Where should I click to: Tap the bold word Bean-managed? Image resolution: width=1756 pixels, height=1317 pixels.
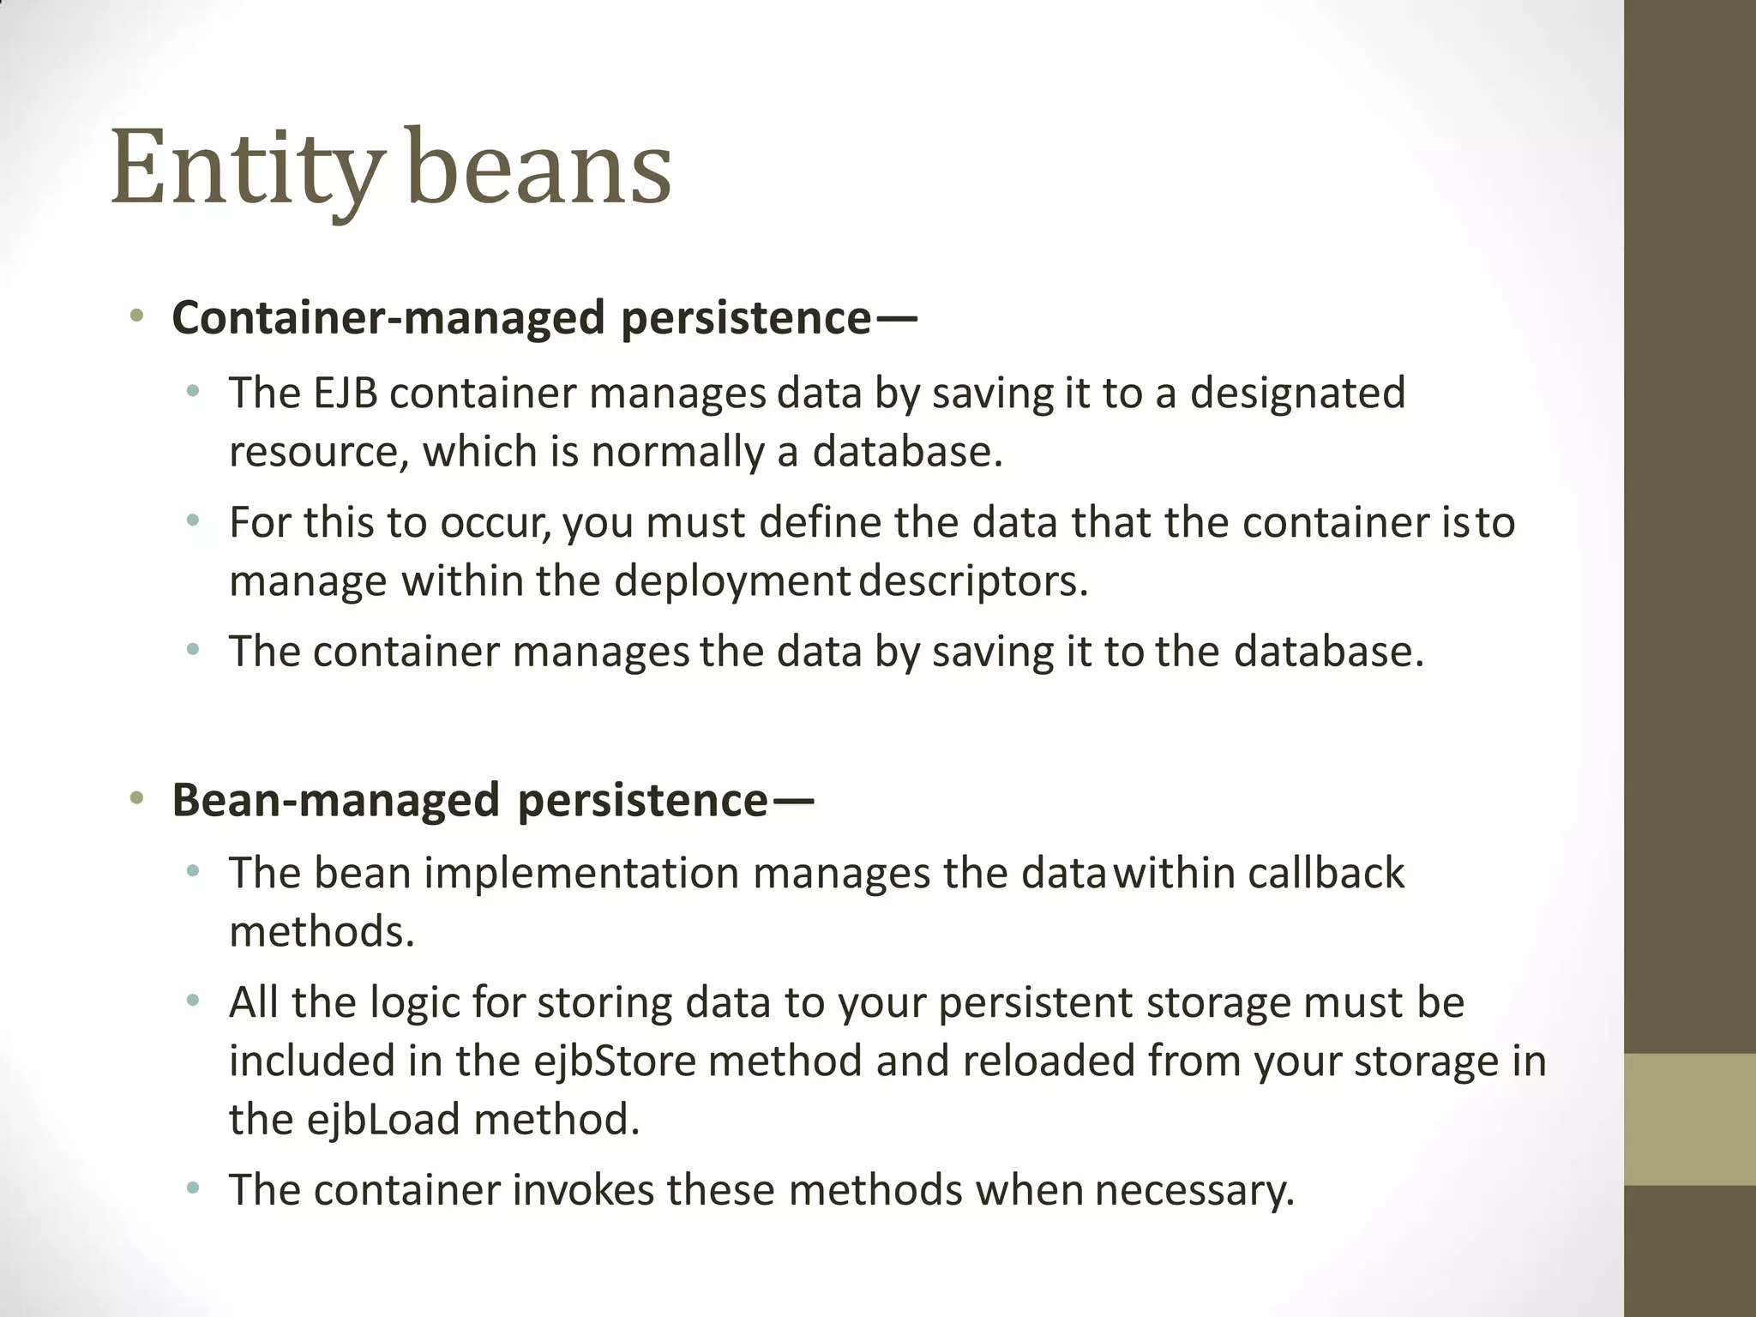coord(335,800)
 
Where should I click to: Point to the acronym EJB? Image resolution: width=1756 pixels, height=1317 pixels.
coord(346,394)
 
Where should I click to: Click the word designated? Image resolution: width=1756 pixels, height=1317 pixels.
coord(1297,394)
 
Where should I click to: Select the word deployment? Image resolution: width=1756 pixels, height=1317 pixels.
coord(731,581)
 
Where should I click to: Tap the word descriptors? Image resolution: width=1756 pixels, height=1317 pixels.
coord(973,581)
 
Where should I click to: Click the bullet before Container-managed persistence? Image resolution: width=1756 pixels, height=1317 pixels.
coord(136,317)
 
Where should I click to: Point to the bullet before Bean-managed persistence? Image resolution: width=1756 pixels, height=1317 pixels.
coord(136,799)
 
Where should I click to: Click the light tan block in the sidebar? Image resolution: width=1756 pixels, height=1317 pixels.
coord(1690,1119)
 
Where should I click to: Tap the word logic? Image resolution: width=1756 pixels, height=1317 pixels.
coord(416,1003)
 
